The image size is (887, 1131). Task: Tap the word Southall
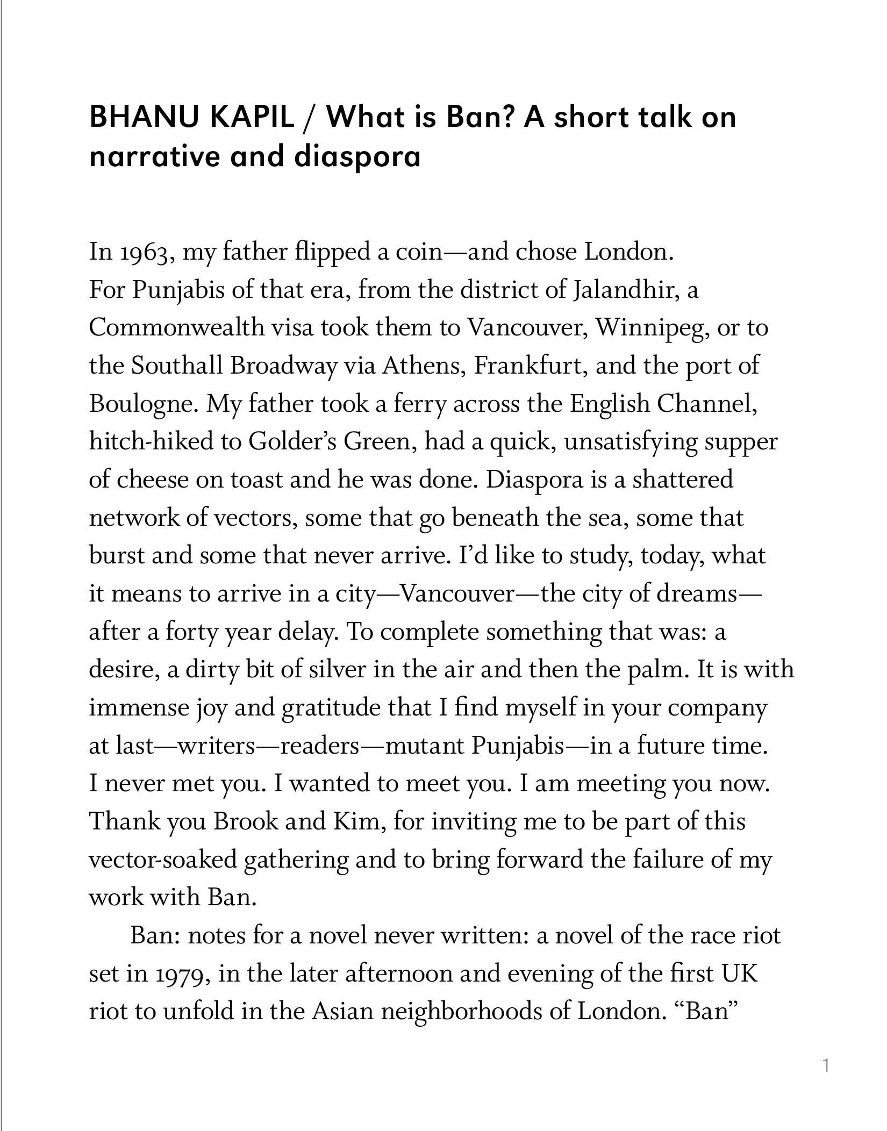177,366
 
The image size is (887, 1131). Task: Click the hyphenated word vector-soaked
163,860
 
